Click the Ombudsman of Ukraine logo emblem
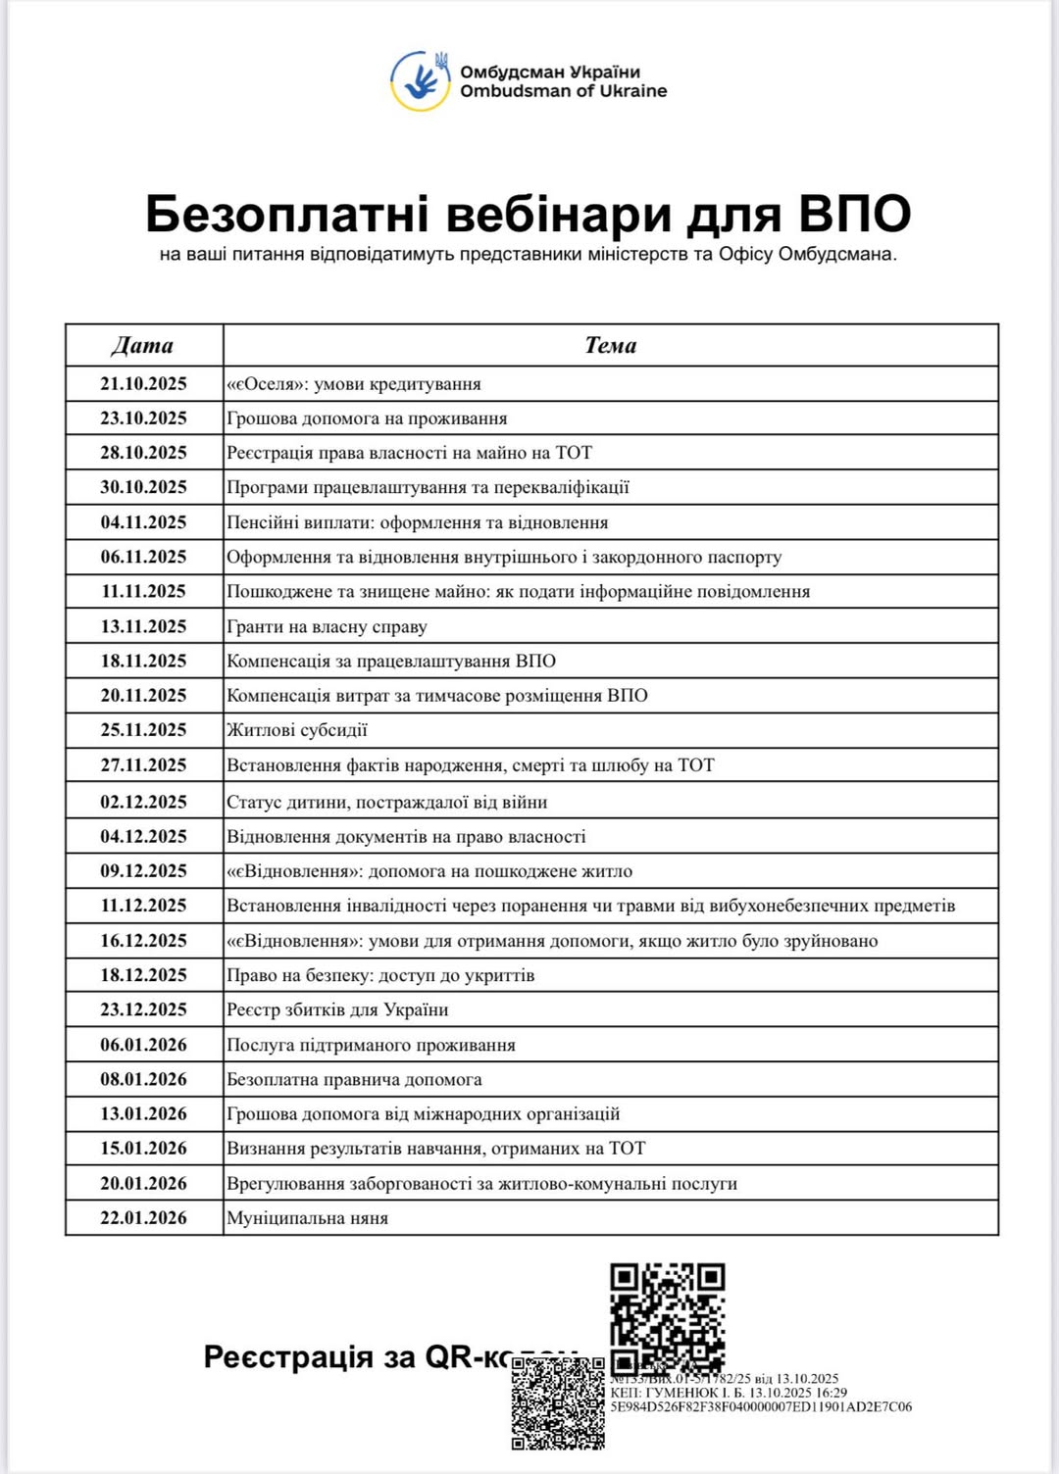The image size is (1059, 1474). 421,80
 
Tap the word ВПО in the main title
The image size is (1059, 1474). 854,213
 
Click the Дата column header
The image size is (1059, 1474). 143,345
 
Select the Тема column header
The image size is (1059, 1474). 610,345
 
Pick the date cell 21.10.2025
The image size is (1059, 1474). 143,383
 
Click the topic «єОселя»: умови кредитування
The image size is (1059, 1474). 354,384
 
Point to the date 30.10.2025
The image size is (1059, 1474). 143,487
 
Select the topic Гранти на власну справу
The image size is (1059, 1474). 327,626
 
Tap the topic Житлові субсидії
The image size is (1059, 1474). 297,730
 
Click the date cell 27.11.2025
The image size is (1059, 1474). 143,764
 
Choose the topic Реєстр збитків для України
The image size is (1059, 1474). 337,1009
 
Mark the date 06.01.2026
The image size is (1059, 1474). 143,1045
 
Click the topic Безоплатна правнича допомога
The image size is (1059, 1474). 354,1079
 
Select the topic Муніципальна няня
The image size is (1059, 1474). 307,1218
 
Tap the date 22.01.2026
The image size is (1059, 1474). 143,1217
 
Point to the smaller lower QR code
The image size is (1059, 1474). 558,1403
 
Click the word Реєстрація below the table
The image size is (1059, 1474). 275,1357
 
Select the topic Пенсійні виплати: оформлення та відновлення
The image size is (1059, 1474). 418,522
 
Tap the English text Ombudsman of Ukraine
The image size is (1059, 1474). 563,91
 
